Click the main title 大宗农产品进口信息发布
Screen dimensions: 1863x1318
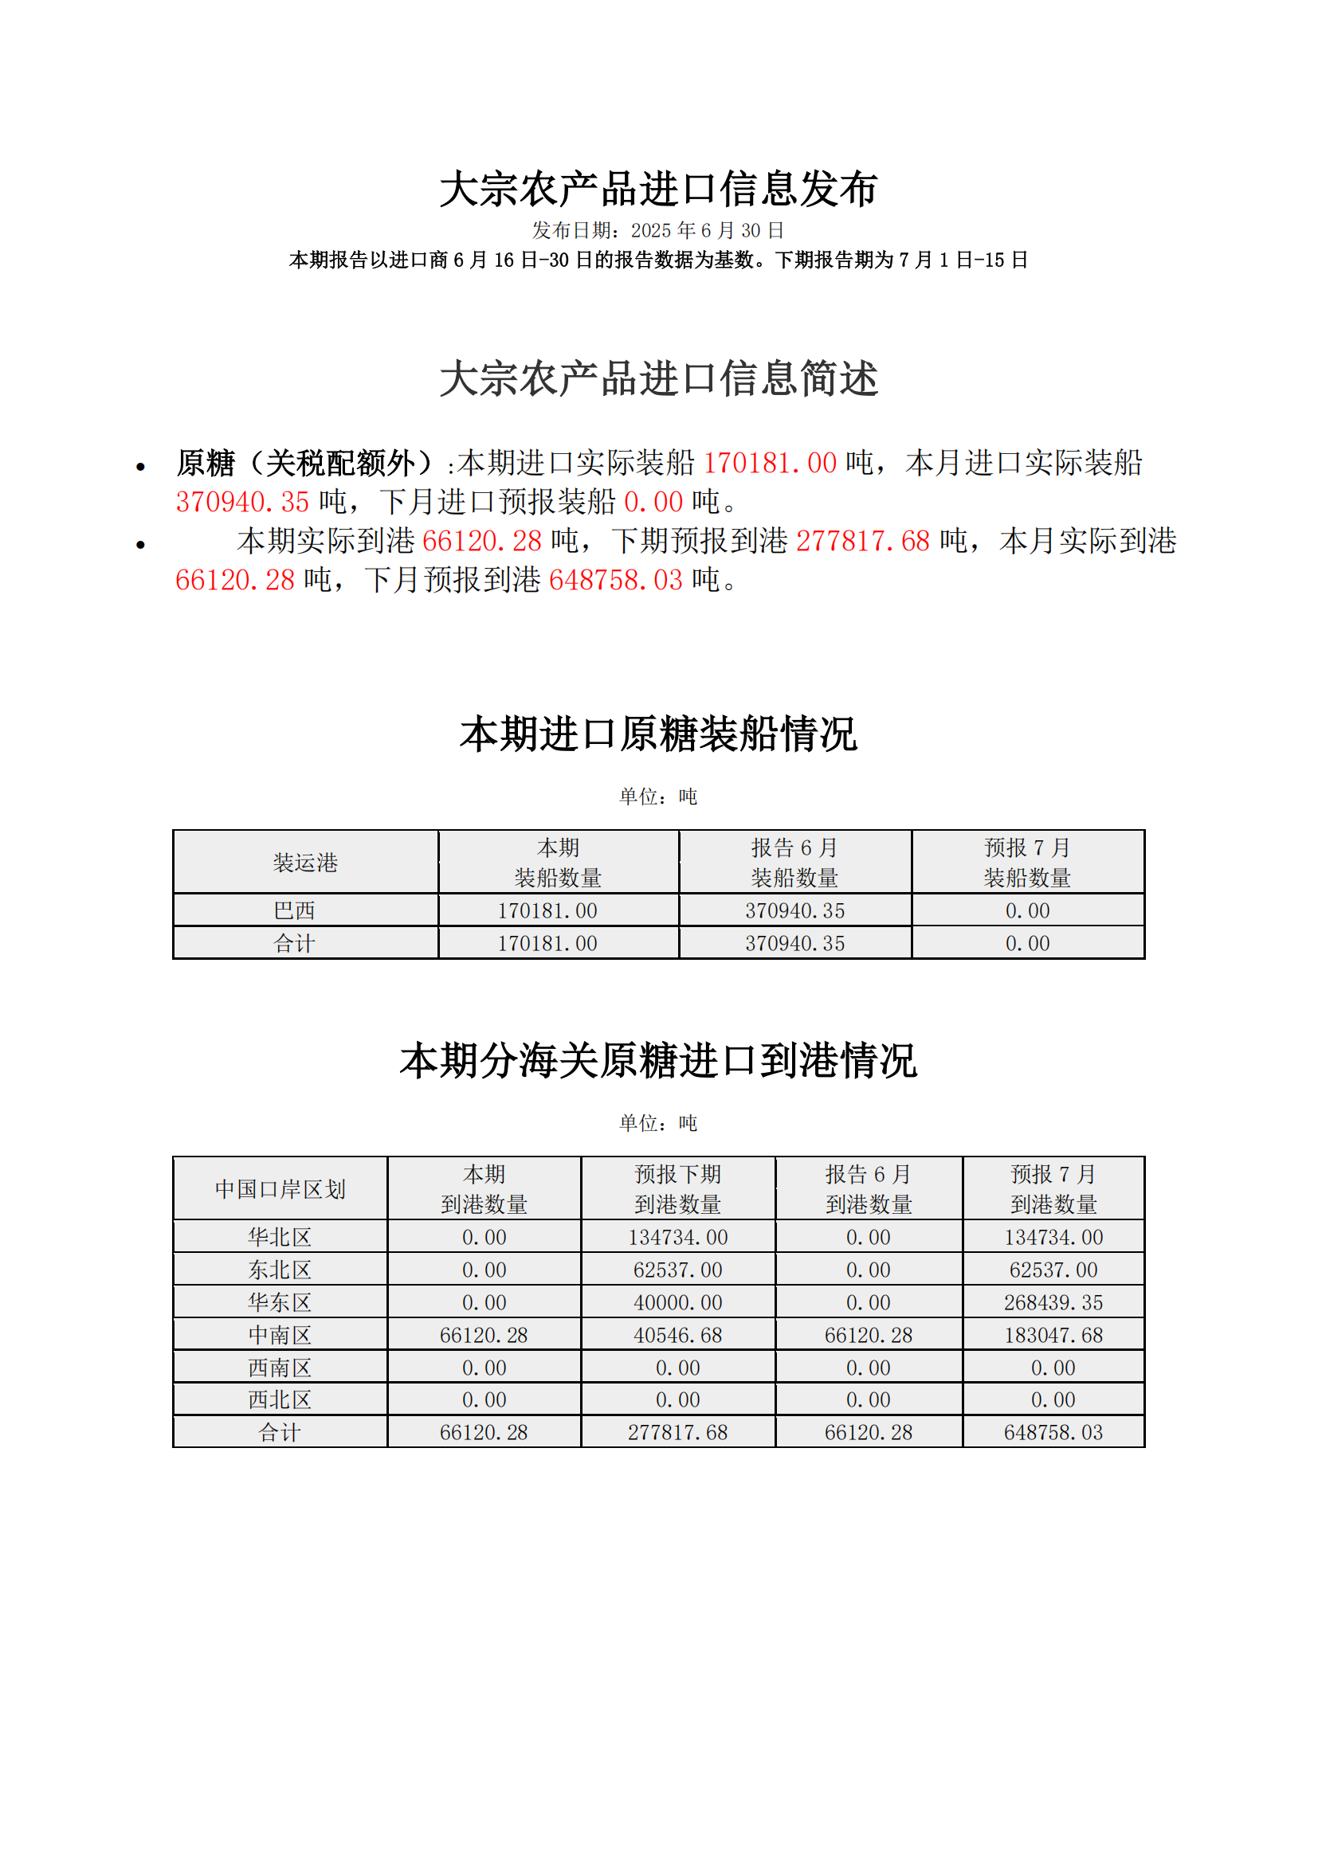(658, 190)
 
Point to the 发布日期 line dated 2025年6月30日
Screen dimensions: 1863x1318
(658, 230)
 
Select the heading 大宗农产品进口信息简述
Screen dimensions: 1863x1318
(658, 379)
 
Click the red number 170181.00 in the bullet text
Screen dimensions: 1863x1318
(770, 464)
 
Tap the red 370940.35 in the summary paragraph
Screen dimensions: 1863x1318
(242, 503)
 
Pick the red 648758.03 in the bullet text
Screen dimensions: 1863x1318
(615, 580)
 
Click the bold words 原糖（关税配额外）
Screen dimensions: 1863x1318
(308, 464)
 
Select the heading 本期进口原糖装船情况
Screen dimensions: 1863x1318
(658, 734)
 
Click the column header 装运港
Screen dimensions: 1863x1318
(305, 863)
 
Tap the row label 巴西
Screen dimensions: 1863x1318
(294, 910)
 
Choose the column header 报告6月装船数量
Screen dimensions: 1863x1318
(794, 863)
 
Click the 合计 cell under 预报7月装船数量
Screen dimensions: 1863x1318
(1027, 944)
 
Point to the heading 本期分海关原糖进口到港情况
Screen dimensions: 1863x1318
(658, 1060)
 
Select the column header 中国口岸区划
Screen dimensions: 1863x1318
(280, 1189)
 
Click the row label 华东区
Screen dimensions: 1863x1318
(280, 1303)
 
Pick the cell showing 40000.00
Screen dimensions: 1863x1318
(677, 1303)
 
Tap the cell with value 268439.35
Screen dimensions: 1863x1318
(1053, 1303)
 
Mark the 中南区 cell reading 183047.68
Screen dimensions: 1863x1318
(1053, 1336)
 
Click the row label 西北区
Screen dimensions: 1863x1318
(280, 1399)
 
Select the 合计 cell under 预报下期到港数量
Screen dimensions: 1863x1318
(677, 1433)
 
